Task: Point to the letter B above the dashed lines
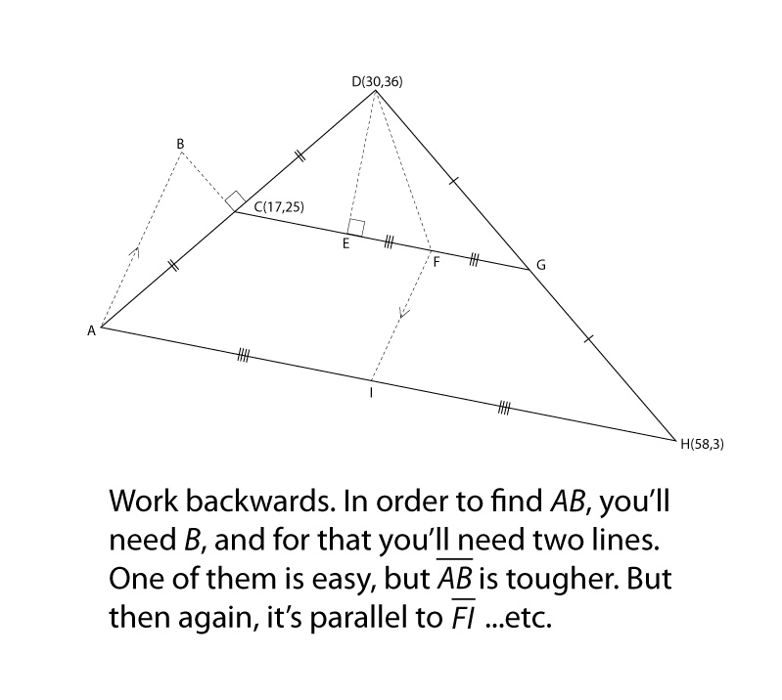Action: [x=180, y=144]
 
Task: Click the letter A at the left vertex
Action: [x=91, y=330]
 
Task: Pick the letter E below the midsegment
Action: [x=345, y=244]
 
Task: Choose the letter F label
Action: [x=437, y=262]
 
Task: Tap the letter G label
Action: [x=541, y=266]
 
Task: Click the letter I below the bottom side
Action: [x=371, y=393]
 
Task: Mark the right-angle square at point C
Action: [x=235, y=201]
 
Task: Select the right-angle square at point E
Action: [x=356, y=227]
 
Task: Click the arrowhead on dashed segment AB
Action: [x=135, y=251]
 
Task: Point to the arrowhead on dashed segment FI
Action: [x=404, y=313]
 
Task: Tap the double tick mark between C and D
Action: [x=300, y=156]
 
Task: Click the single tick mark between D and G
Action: [x=453, y=181]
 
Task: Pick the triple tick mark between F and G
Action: [x=475, y=260]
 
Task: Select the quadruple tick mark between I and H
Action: [x=504, y=409]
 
